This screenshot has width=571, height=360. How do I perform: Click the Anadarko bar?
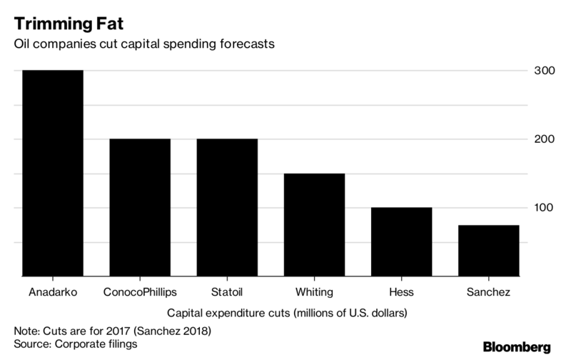pos(53,172)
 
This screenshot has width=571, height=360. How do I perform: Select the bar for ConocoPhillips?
pos(140,206)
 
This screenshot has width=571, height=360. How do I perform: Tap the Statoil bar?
pos(227,206)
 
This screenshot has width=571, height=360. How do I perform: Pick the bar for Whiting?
pos(314,224)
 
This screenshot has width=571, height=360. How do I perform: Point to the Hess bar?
pos(401,241)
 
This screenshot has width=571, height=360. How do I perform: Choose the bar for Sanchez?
pos(488,249)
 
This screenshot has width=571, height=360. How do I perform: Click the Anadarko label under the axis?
pos(53,291)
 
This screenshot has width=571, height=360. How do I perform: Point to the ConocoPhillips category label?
pos(140,291)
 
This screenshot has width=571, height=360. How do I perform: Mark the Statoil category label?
pos(227,291)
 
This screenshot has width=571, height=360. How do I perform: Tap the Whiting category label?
pos(314,291)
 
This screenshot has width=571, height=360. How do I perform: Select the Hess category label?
pos(401,291)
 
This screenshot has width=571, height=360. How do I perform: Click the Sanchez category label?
pos(488,291)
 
